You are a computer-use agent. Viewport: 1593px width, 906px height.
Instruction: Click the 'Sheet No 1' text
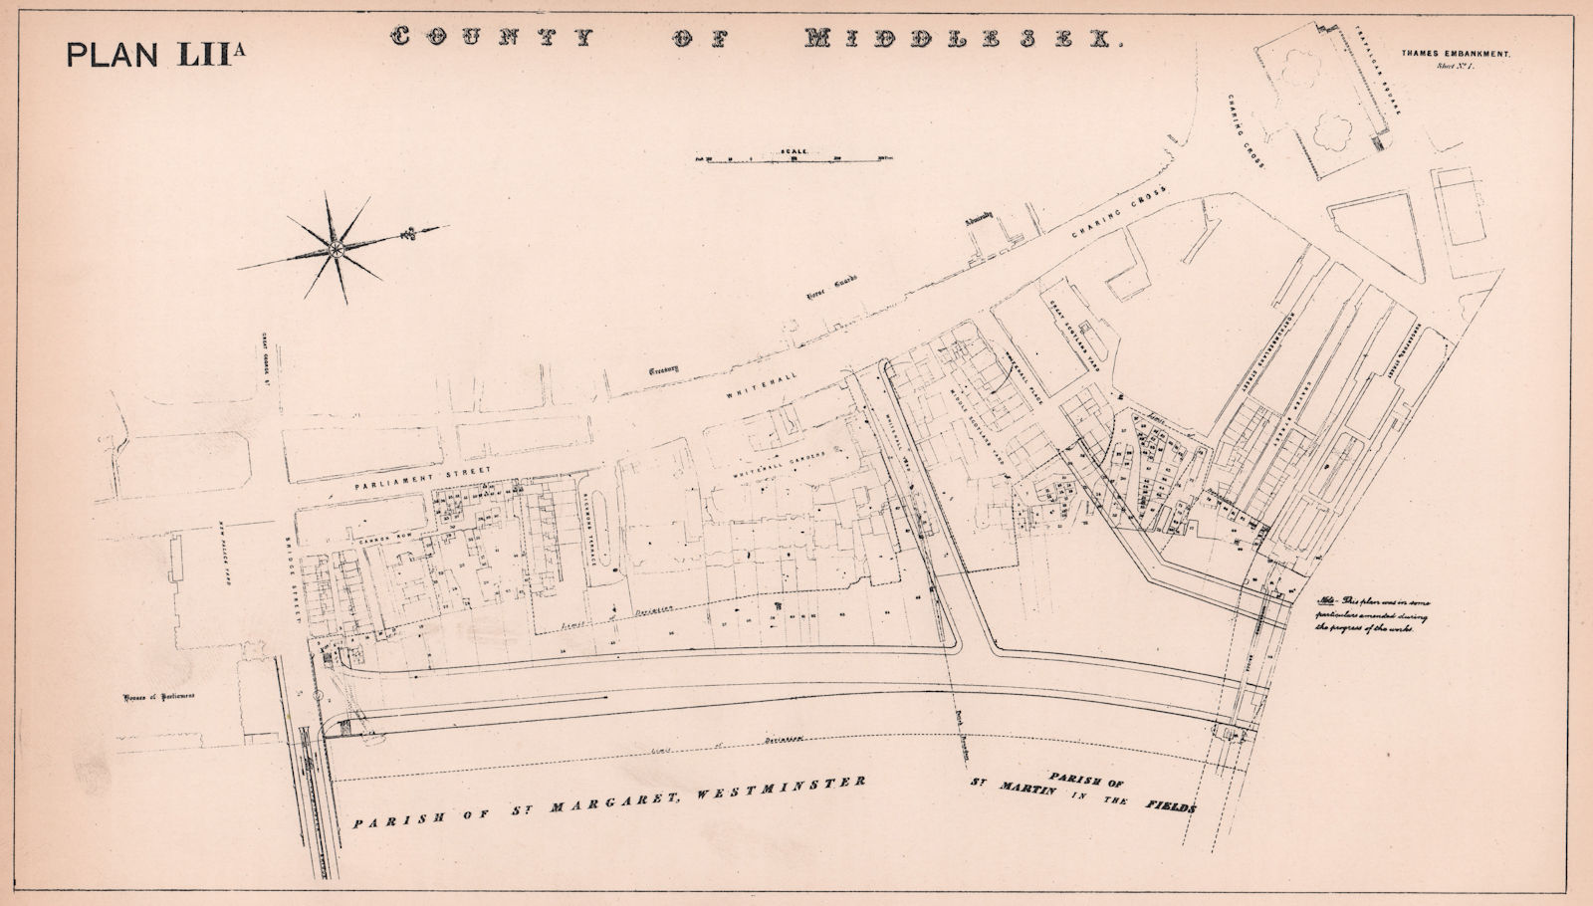click(x=1456, y=66)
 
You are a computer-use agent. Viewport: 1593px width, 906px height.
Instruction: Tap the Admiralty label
click(x=980, y=224)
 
